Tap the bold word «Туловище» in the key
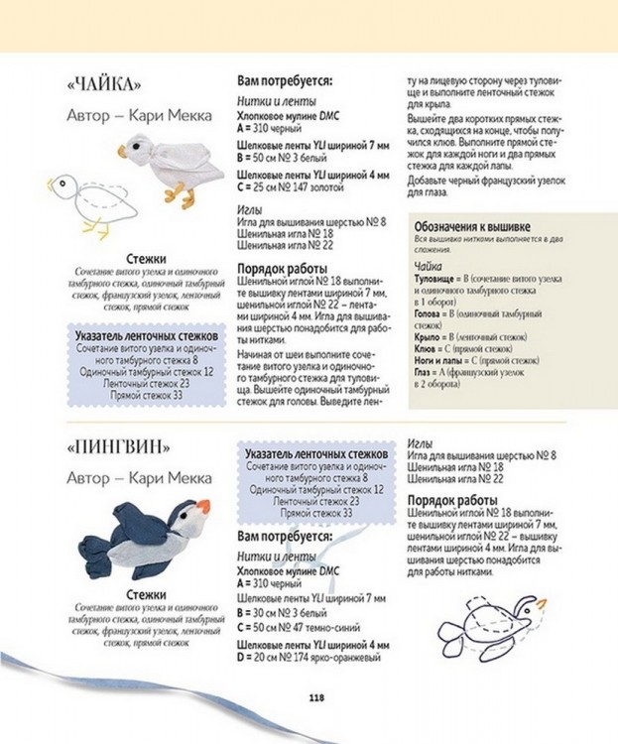[x=437, y=281]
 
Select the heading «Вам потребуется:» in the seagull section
[x=285, y=80]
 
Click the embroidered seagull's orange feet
[x=177, y=194]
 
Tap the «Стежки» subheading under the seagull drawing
[x=146, y=260]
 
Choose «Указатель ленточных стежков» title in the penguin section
[x=314, y=452]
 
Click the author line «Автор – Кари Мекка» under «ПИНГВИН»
[x=139, y=477]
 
